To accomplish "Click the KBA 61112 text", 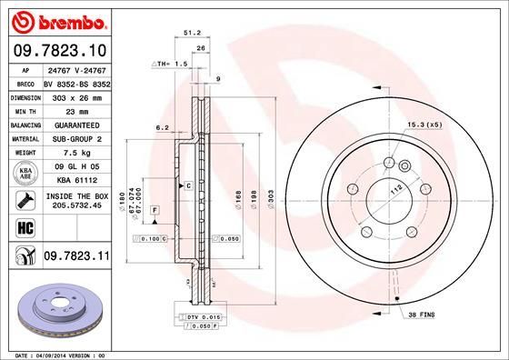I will pos(75,180).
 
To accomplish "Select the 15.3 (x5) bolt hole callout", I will pos(424,123).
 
